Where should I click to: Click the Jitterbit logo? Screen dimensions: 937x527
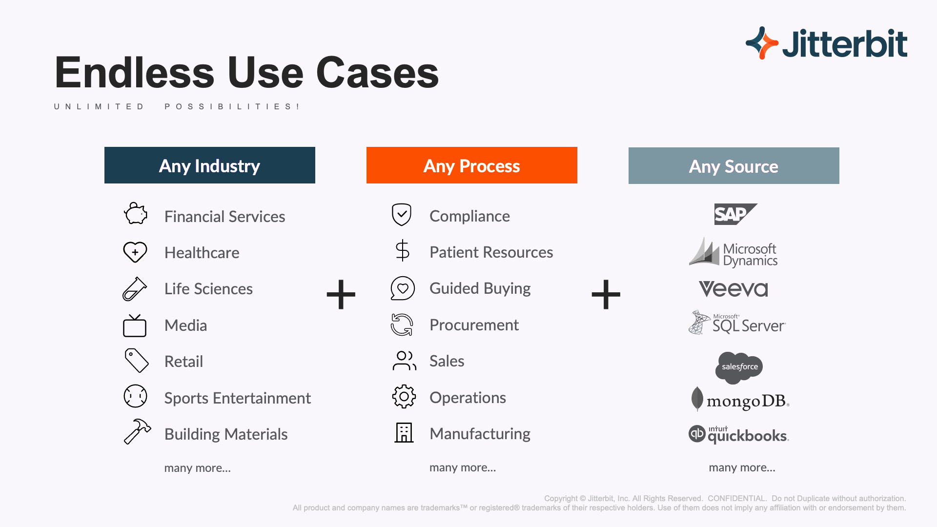point(826,43)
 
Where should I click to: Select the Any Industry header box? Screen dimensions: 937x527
point(210,165)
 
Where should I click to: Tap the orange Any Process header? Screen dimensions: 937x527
point(472,165)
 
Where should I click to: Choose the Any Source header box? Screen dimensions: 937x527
point(734,166)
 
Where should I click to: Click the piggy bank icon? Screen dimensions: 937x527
point(135,214)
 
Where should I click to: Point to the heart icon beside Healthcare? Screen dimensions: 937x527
point(135,252)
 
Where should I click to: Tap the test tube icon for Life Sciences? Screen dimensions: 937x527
point(135,289)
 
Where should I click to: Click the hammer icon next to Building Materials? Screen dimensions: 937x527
point(137,431)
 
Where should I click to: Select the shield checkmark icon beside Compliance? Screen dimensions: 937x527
point(402,215)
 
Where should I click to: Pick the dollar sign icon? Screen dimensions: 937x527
point(403,250)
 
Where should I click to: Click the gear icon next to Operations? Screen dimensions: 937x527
point(404,397)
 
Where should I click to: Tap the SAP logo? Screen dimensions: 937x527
point(735,214)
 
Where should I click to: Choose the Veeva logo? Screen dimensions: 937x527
point(733,289)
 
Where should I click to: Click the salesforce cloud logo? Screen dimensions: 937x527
point(739,367)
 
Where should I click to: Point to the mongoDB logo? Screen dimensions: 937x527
point(740,400)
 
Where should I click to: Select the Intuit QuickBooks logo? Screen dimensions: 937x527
point(739,434)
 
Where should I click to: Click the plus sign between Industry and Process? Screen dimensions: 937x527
point(341,294)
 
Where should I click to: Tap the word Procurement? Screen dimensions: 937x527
point(474,325)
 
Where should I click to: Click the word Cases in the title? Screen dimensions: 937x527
point(378,73)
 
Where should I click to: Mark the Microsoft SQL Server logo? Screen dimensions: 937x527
point(737,323)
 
